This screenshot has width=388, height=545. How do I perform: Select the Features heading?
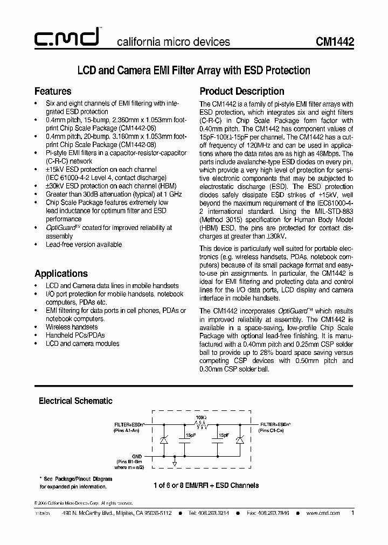click(x=53, y=91)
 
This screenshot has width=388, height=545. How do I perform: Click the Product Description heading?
click(x=242, y=91)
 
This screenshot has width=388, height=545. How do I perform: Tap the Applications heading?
click(x=61, y=273)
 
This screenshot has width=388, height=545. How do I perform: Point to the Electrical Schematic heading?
click(x=75, y=401)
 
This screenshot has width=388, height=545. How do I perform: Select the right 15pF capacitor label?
click(x=223, y=435)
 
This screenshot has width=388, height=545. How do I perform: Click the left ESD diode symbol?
click(x=163, y=440)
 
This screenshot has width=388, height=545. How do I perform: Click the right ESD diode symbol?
click(x=240, y=440)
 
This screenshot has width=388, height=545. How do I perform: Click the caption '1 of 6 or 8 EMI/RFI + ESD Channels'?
click(x=206, y=485)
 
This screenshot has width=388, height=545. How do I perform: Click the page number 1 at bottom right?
click(x=352, y=513)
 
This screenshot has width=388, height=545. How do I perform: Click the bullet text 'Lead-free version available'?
click(x=84, y=244)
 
